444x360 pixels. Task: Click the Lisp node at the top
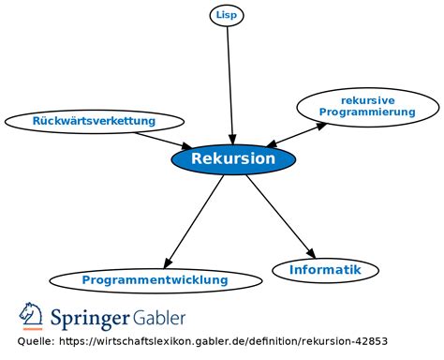[226, 15]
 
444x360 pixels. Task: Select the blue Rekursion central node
[233, 159]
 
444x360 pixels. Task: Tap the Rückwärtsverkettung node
[94, 121]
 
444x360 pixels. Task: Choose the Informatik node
[325, 270]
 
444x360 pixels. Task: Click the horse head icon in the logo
[32, 316]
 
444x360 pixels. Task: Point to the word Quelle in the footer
[35, 342]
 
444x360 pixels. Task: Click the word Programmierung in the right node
[367, 112]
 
